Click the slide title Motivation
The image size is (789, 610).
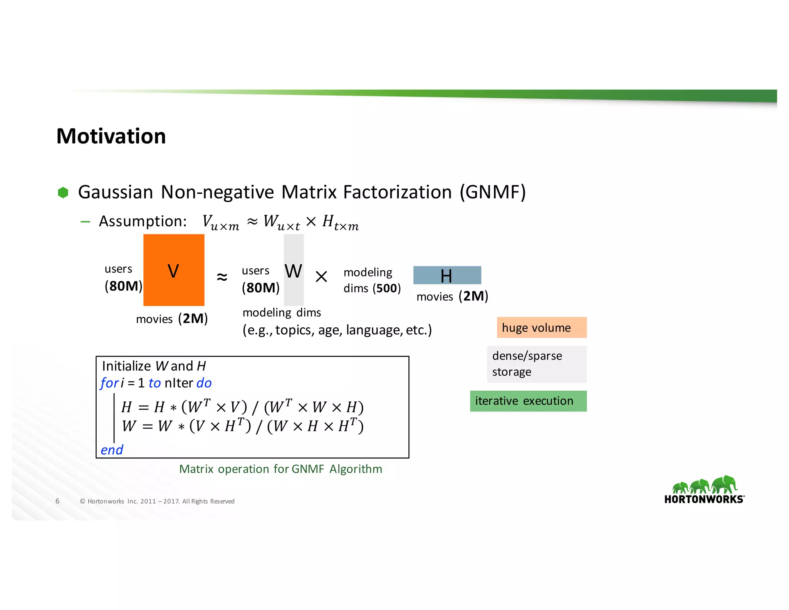click(x=111, y=136)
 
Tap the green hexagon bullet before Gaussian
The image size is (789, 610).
click(x=63, y=192)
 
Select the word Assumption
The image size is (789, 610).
click(x=143, y=221)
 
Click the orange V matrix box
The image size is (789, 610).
click(x=174, y=270)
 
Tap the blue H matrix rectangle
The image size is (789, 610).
click(x=447, y=275)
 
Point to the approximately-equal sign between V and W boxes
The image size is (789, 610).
click(x=222, y=277)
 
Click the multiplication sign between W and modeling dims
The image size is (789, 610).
click(x=321, y=276)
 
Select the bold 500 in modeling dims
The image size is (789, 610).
click(x=386, y=288)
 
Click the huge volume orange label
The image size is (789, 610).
click(x=541, y=328)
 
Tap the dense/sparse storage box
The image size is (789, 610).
click(x=536, y=364)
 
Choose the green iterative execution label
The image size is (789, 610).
click(x=528, y=401)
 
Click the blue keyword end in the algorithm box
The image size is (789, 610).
click(x=112, y=450)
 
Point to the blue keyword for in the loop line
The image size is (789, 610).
click(x=109, y=383)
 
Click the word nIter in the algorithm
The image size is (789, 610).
click(x=178, y=383)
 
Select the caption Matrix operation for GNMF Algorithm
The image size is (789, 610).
click(x=280, y=469)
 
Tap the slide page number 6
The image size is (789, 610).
click(x=57, y=501)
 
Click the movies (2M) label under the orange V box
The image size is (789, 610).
click(x=172, y=319)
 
